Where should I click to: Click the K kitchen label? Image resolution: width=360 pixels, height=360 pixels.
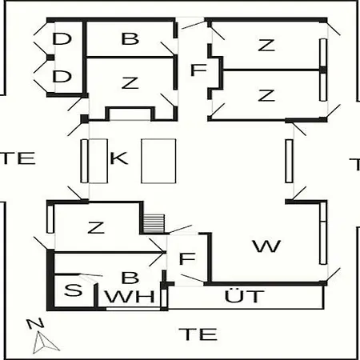(119, 158)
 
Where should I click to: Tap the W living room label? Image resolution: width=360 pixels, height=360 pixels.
(266, 246)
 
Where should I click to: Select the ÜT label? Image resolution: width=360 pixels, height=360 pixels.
(245, 295)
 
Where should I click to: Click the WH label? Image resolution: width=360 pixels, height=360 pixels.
(130, 297)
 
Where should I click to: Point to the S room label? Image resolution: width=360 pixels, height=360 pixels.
(73, 290)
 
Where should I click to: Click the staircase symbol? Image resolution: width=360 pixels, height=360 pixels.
(154, 223)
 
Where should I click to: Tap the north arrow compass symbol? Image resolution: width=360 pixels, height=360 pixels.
(45, 342)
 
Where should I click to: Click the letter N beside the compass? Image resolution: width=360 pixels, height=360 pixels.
(35, 323)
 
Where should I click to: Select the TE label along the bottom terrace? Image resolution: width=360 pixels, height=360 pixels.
(198, 334)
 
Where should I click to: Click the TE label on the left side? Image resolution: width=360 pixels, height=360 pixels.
(18, 158)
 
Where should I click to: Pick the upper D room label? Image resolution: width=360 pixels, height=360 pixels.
(62, 38)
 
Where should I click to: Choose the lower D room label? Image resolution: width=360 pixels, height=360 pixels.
(62, 76)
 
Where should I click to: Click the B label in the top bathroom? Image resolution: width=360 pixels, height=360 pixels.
(130, 38)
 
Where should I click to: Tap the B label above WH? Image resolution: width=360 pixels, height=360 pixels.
(130, 278)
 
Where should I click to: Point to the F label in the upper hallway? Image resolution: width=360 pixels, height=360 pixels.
(198, 70)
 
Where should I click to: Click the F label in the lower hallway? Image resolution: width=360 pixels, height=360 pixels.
(187, 258)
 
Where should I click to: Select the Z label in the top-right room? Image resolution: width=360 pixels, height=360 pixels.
(266, 45)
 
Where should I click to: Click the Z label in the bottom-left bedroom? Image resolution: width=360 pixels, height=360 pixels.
(96, 227)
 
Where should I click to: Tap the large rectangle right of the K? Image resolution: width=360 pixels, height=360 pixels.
(158, 161)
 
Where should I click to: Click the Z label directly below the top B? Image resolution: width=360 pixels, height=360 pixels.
(130, 82)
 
